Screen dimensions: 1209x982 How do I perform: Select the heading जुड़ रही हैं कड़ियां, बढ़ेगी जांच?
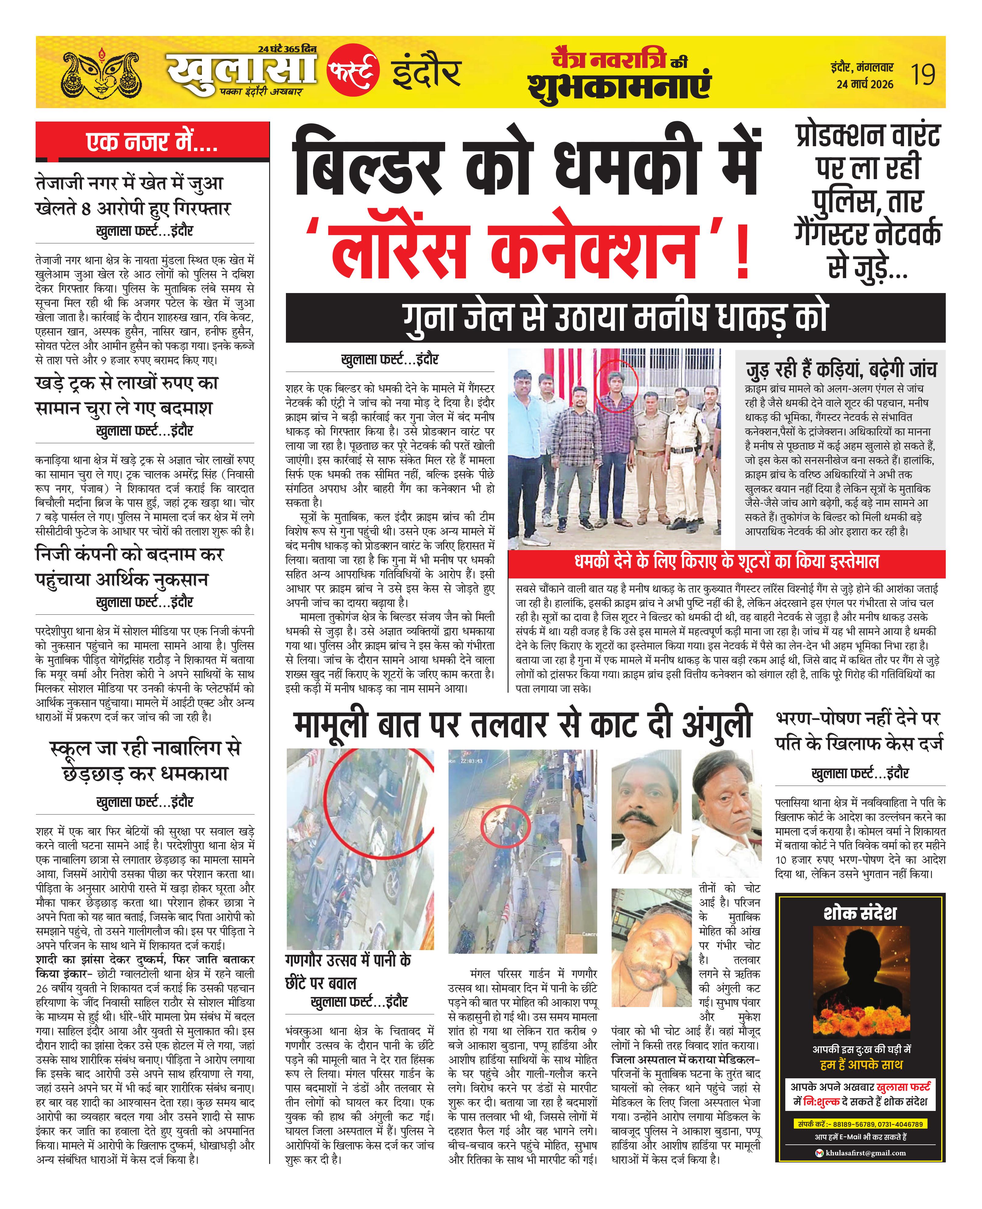[841, 369]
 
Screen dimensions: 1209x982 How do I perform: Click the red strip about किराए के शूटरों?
[726, 562]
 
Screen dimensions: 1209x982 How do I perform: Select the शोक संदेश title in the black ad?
[860, 913]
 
